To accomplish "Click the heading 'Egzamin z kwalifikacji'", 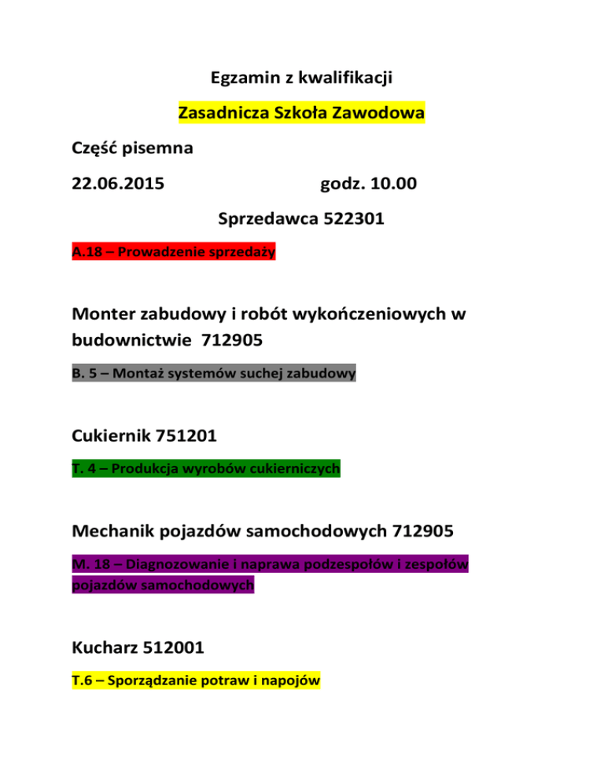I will (x=302, y=79).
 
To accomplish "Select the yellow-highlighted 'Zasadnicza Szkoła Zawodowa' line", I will (x=301, y=113).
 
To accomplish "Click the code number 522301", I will (x=353, y=220).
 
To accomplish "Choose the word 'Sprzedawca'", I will (x=267, y=220).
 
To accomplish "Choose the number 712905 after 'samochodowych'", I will (x=422, y=532).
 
